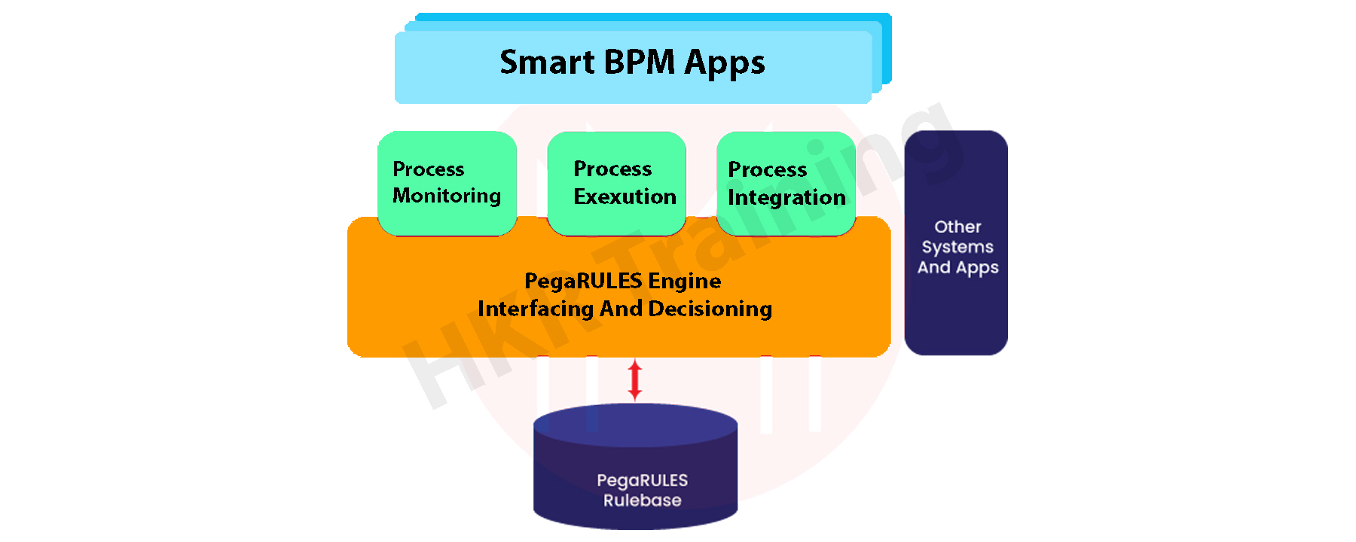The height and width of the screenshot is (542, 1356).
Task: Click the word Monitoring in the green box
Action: click(447, 196)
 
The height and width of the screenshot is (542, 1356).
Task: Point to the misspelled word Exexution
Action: click(625, 196)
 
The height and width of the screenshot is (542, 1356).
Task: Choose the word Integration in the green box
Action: click(786, 197)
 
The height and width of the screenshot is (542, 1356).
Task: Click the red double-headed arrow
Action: click(635, 379)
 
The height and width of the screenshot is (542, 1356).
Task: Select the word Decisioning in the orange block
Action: click(710, 309)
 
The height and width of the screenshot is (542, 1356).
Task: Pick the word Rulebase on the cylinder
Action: click(642, 501)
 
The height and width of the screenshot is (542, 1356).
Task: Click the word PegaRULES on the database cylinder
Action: click(642, 480)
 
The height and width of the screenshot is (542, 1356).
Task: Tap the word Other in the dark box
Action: click(957, 227)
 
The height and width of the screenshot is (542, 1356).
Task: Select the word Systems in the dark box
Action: click(957, 247)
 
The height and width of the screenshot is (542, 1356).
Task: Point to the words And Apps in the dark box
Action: click(957, 268)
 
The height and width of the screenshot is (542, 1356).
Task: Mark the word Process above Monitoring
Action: click(428, 169)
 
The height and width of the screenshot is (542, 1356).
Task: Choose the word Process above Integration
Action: click(767, 170)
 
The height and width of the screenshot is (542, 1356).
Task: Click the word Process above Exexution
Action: click(612, 169)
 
